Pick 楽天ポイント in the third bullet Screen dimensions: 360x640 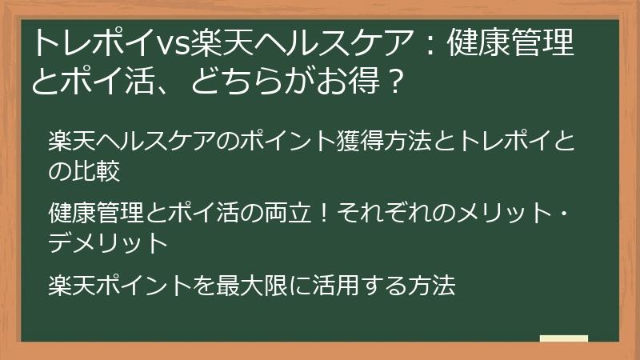tap(116, 284)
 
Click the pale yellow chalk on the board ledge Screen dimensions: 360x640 tap(563, 339)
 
